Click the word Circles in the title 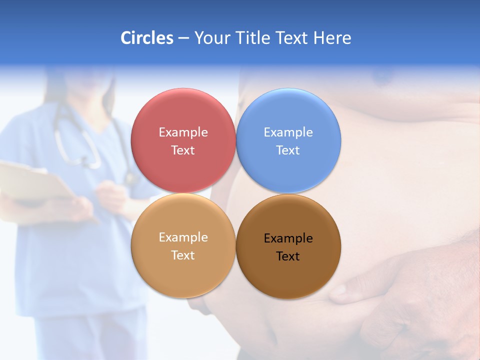coord(146,38)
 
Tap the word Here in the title coord(332,38)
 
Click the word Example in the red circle coord(183,132)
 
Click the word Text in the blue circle coord(288,150)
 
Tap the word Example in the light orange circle coord(183,237)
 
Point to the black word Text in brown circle coord(288,256)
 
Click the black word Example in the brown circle coord(288,238)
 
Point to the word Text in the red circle coord(183,150)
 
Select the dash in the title coord(183,38)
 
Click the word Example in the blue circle coord(288,132)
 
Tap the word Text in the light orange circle coord(183,255)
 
